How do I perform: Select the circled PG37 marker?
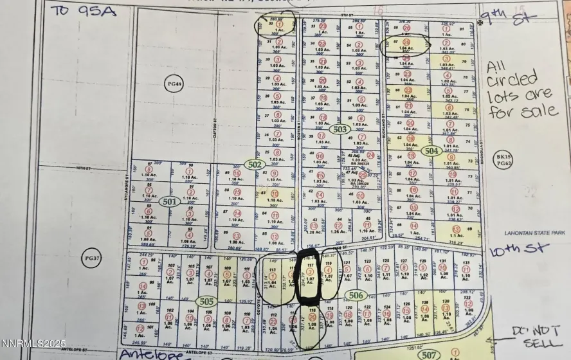point(90,258)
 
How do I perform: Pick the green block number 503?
point(340,129)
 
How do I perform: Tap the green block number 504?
point(431,150)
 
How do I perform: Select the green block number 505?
point(206,300)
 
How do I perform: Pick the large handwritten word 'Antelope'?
point(148,354)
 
